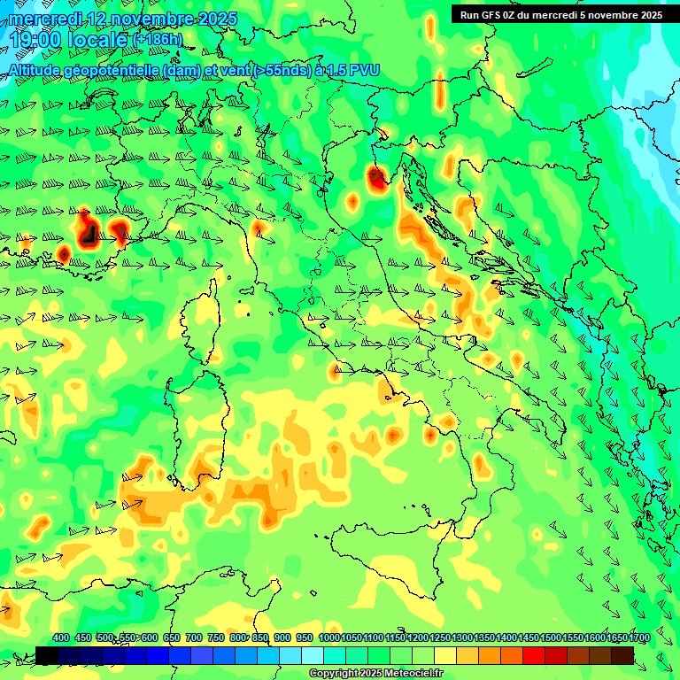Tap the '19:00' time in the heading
pyautogui.click(x=38, y=40)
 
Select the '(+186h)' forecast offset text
pyautogui.click(x=157, y=40)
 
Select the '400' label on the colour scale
pyautogui.click(x=61, y=637)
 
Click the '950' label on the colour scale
pyautogui.click(x=305, y=637)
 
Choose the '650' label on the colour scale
pyautogui.click(x=172, y=637)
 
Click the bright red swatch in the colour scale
pyautogui.click(x=534, y=655)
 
